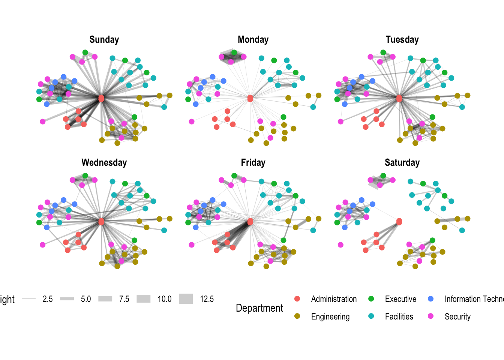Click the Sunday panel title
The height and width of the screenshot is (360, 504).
104,40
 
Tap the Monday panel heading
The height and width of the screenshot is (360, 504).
253,40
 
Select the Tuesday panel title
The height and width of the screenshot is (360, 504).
402,40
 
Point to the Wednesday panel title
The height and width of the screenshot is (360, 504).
104,163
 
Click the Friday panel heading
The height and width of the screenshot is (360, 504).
253,163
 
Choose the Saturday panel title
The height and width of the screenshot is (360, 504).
402,163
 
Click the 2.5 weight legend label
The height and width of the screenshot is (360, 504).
48,299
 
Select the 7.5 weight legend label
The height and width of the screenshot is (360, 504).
124,299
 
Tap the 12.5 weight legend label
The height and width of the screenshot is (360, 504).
207,299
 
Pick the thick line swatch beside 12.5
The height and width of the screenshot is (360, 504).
186,299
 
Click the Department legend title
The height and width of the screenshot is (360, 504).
259,308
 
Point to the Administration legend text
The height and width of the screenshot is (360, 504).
334,299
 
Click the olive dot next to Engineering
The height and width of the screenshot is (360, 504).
297,316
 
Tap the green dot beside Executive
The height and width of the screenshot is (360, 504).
371,299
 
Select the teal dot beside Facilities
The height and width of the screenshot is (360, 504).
371,316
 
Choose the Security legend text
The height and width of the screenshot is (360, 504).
457,317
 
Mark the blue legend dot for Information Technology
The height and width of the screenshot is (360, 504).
431,299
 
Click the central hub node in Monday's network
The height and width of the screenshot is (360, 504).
250,98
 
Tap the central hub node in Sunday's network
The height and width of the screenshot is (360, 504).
101,98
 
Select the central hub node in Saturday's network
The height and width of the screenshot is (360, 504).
399,222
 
